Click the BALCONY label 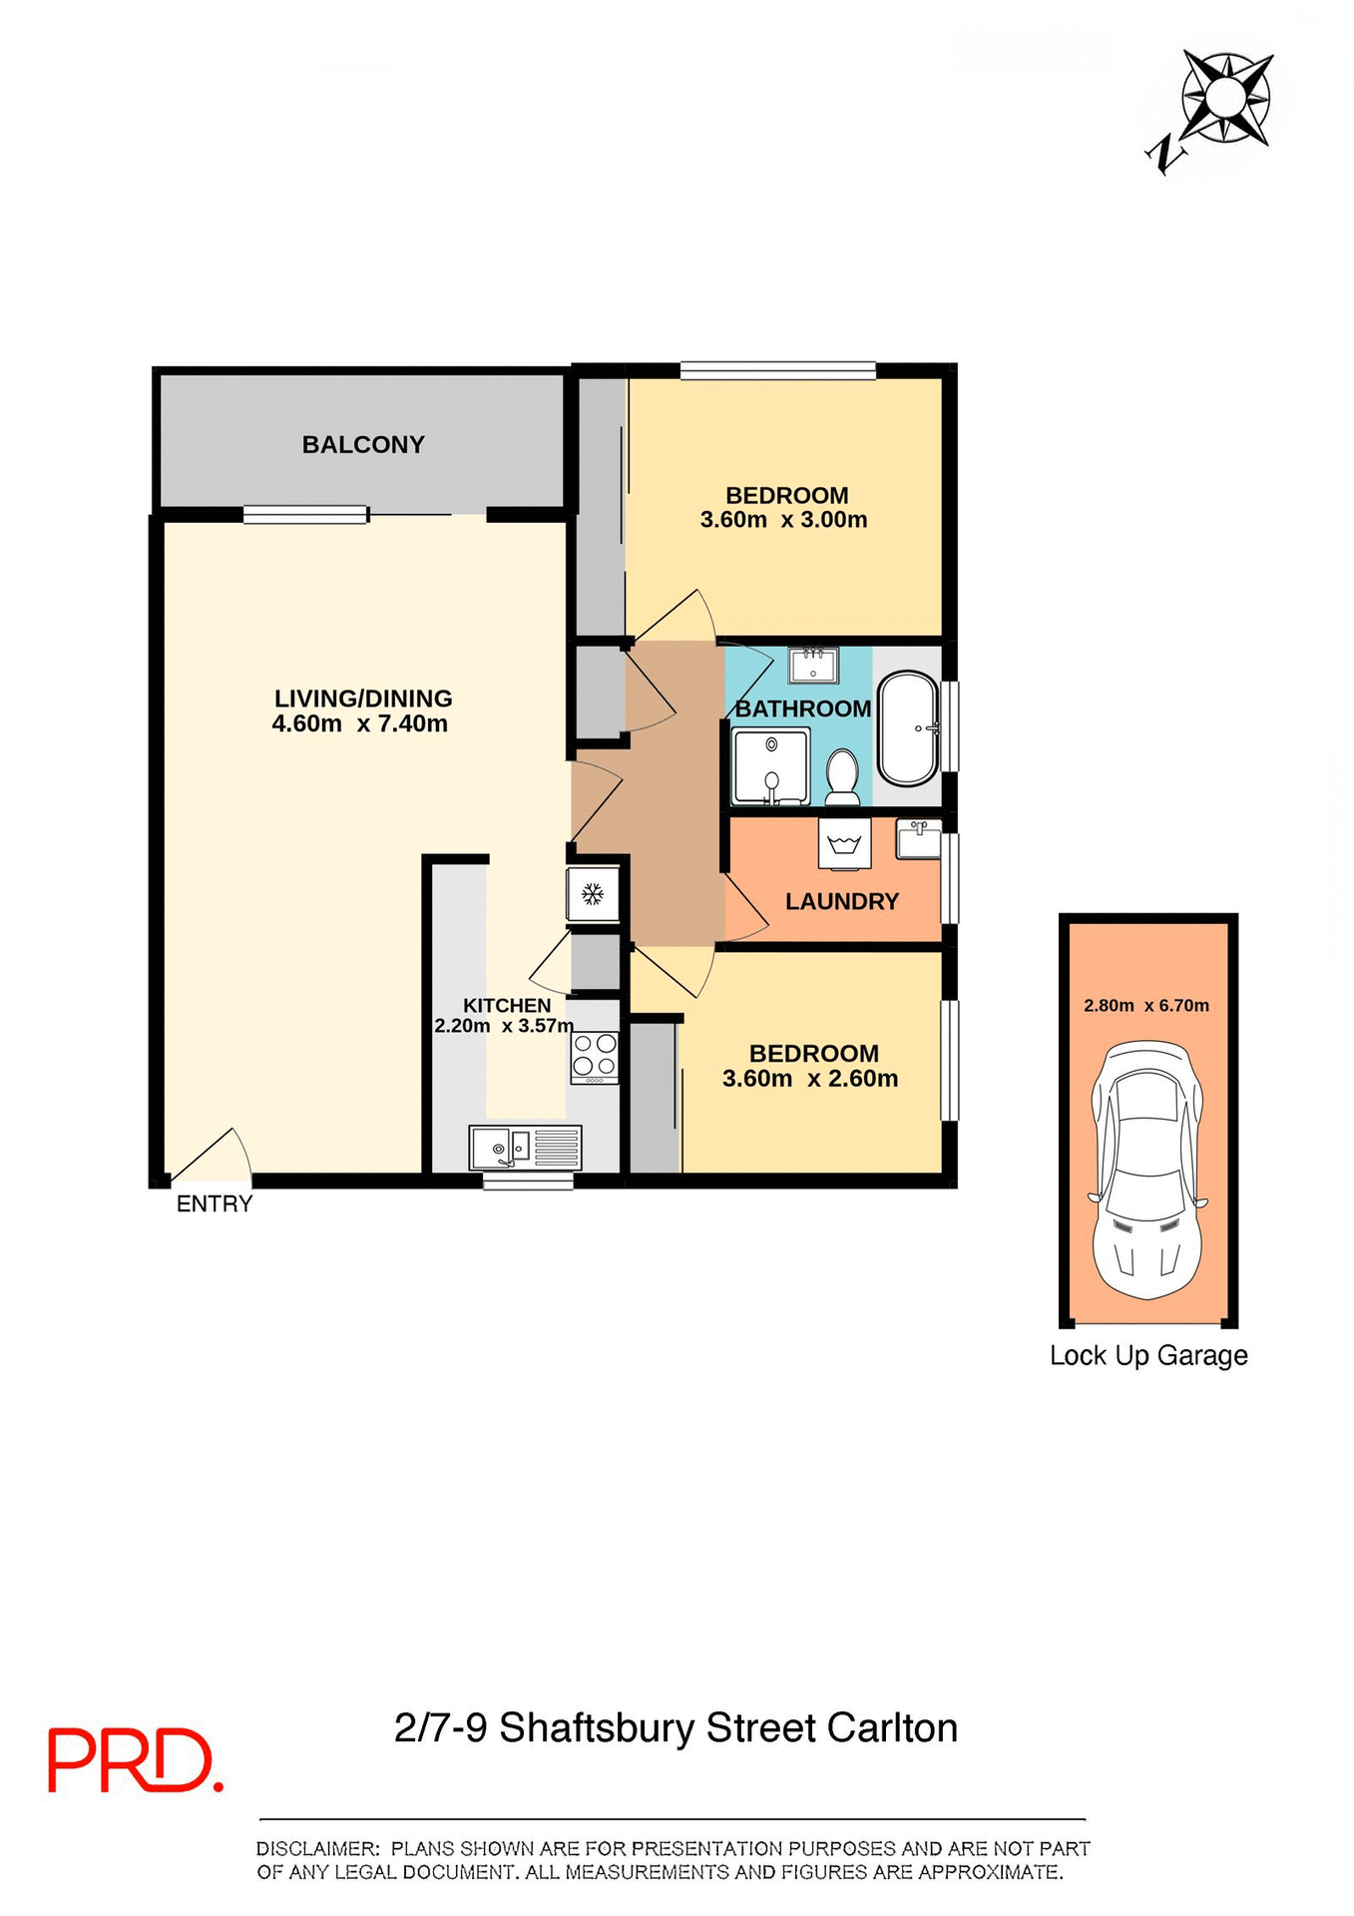click(x=363, y=445)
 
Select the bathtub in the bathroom click(x=908, y=728)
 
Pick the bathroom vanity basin click(x=813, y=665)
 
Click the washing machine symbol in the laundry click(x=844, y=844)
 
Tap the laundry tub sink click(x=918, y=839)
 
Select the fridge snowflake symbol click(x=593, y=894)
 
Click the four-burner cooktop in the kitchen click(x=594, y=1057)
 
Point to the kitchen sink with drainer click(x=525, y=1148)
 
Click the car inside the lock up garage click(x=1147, y=1170)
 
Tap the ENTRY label click(x=215, y=1204)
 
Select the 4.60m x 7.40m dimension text click(x=360, y=724)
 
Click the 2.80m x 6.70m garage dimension click(x=1146, y=1006)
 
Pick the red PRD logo click(x=135, y=1761)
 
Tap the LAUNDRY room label click(x=842, y=902)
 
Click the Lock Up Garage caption click(x=1148, y=1356)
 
